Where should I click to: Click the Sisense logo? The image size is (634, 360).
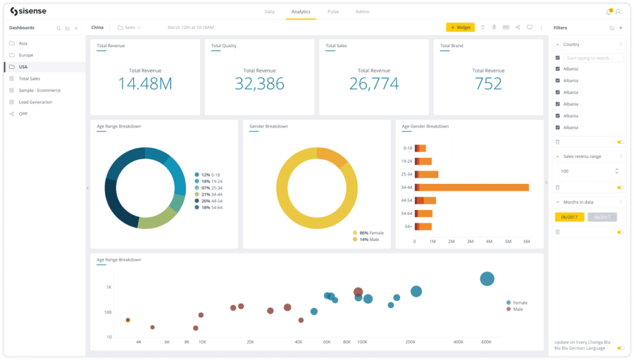click(x=28, y=11)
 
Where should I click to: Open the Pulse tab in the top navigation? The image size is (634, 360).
click(x=332, y=12)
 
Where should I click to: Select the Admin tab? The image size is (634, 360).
click(x=363, y=12)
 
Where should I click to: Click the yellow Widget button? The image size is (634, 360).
click(x=460, y=27)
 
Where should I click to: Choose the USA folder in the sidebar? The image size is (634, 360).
click(x=23, y=67)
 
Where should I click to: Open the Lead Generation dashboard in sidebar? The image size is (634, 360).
click(x=35, y=102)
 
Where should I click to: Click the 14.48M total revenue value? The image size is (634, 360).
click(x=145, y=84)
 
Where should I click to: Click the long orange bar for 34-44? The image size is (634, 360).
click(x=474, y=187)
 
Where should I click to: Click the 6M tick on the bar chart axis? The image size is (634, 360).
click(x=526, y=241)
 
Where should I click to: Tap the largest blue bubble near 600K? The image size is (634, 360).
click(x=487, y=279)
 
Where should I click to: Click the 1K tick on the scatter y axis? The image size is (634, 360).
click(x=108, y=288)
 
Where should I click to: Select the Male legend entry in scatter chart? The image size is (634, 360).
click(x=516, y=309)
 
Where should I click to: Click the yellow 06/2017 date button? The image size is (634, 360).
click(x=569, y=217)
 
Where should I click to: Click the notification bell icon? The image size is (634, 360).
click(x=608, y=12)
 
